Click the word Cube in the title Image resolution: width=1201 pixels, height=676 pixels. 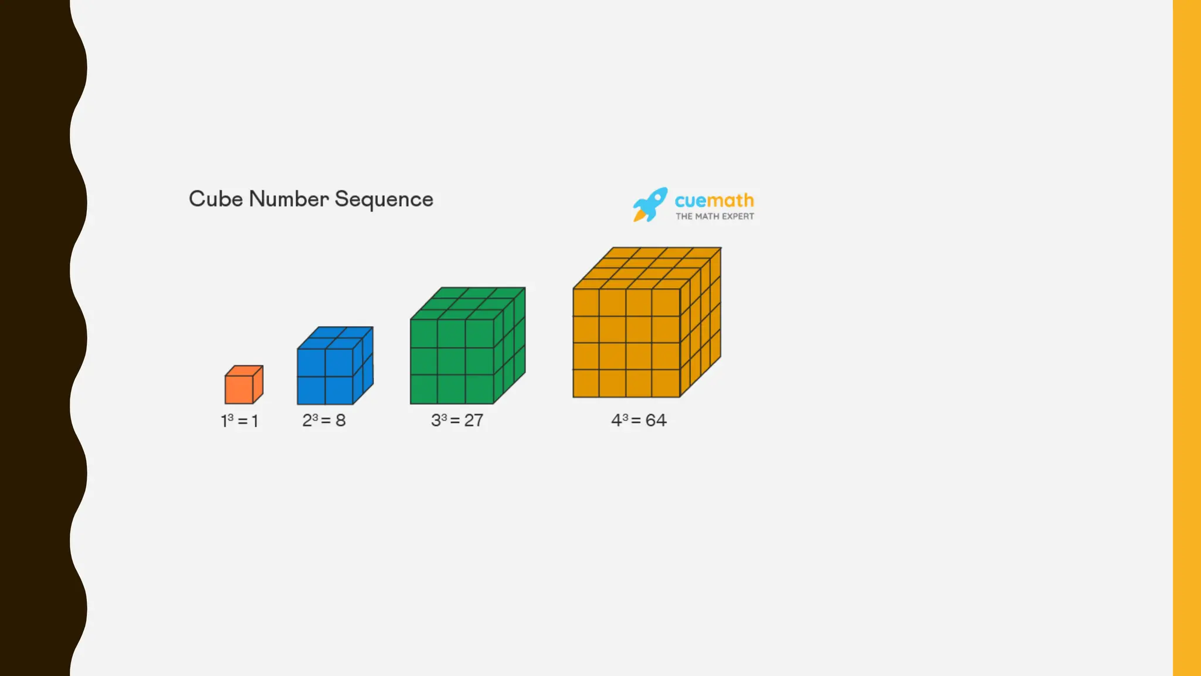click(x=215, y=199)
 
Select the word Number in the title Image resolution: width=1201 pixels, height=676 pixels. click(x=289, y=199)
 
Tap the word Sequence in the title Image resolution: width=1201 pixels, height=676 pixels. click(x=384, y=200)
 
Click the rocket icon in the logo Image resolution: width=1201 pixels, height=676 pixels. click(x=650, y=204)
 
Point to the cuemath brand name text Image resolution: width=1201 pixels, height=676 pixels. click(x=714, y=200)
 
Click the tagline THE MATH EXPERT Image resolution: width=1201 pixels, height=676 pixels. click(x=714, y=217)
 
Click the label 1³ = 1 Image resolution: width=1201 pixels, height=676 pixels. click(x=239, y=421)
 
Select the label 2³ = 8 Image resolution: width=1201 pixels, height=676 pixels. click(x=324, y=420)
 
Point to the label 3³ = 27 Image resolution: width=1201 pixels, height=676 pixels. click(x=457, y=420)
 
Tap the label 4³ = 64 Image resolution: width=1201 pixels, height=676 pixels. click(x=639, y=420)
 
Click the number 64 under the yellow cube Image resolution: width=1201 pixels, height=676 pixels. click(x=656, y=420)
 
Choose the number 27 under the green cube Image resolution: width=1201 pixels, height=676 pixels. click(x=474, y=420)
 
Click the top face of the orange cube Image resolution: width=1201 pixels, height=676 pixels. click(x=244, y=371)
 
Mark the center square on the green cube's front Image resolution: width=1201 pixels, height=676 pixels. click(x=452, y=361)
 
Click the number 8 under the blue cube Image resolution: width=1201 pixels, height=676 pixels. click(x=341, y=420)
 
